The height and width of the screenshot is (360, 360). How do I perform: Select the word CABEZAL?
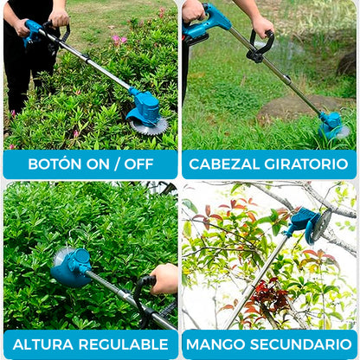click(225, 164)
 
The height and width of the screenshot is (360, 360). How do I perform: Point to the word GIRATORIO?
click(305, 164)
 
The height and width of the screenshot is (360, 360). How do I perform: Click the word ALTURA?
click(42, 344)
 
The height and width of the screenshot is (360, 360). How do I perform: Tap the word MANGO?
click(223, 344)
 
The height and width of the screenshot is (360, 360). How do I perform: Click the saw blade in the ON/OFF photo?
click(148, 127)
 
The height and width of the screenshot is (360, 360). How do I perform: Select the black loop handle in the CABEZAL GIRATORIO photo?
click(259, 47)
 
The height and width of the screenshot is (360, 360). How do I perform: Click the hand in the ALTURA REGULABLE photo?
click(164, 278)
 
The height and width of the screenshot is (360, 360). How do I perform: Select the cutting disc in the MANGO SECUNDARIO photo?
click(321, 224)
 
